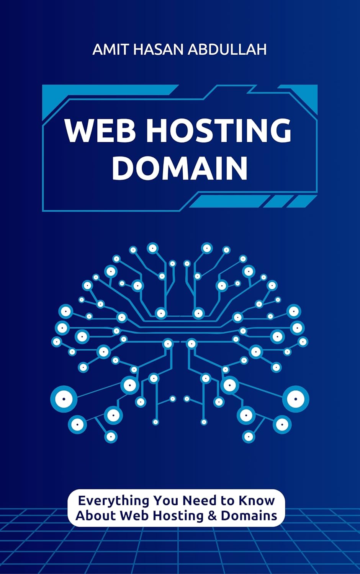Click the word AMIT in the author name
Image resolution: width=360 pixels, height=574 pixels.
click(x=111, y=49)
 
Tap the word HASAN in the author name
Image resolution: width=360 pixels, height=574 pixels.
click(x=158, y=49)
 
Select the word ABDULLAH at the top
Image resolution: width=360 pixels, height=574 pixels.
click(x=227, y=49)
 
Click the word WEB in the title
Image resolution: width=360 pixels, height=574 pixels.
click(x=100, y=131)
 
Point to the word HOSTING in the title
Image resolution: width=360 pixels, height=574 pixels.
click(x=219, y=131)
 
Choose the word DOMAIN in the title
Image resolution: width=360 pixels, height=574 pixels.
click(x=180, y=168)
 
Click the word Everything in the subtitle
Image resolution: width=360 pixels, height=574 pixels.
click(x=113, y=501)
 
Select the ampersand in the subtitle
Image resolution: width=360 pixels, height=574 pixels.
click(x=212, y=515)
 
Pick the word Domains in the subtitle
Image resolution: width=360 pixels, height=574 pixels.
click(x=249, y=515)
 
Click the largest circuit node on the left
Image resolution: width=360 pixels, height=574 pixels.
click(x=64, y=399)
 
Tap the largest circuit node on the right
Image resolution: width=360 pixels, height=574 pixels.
click(x=296, y=399)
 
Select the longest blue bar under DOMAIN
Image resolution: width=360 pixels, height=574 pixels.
click(x=229, y=201)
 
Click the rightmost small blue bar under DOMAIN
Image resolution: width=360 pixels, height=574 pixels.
click(x=301, y=201)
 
